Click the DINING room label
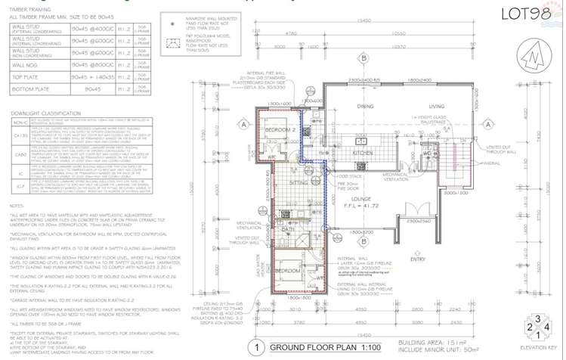365,107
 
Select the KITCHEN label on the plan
365,153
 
